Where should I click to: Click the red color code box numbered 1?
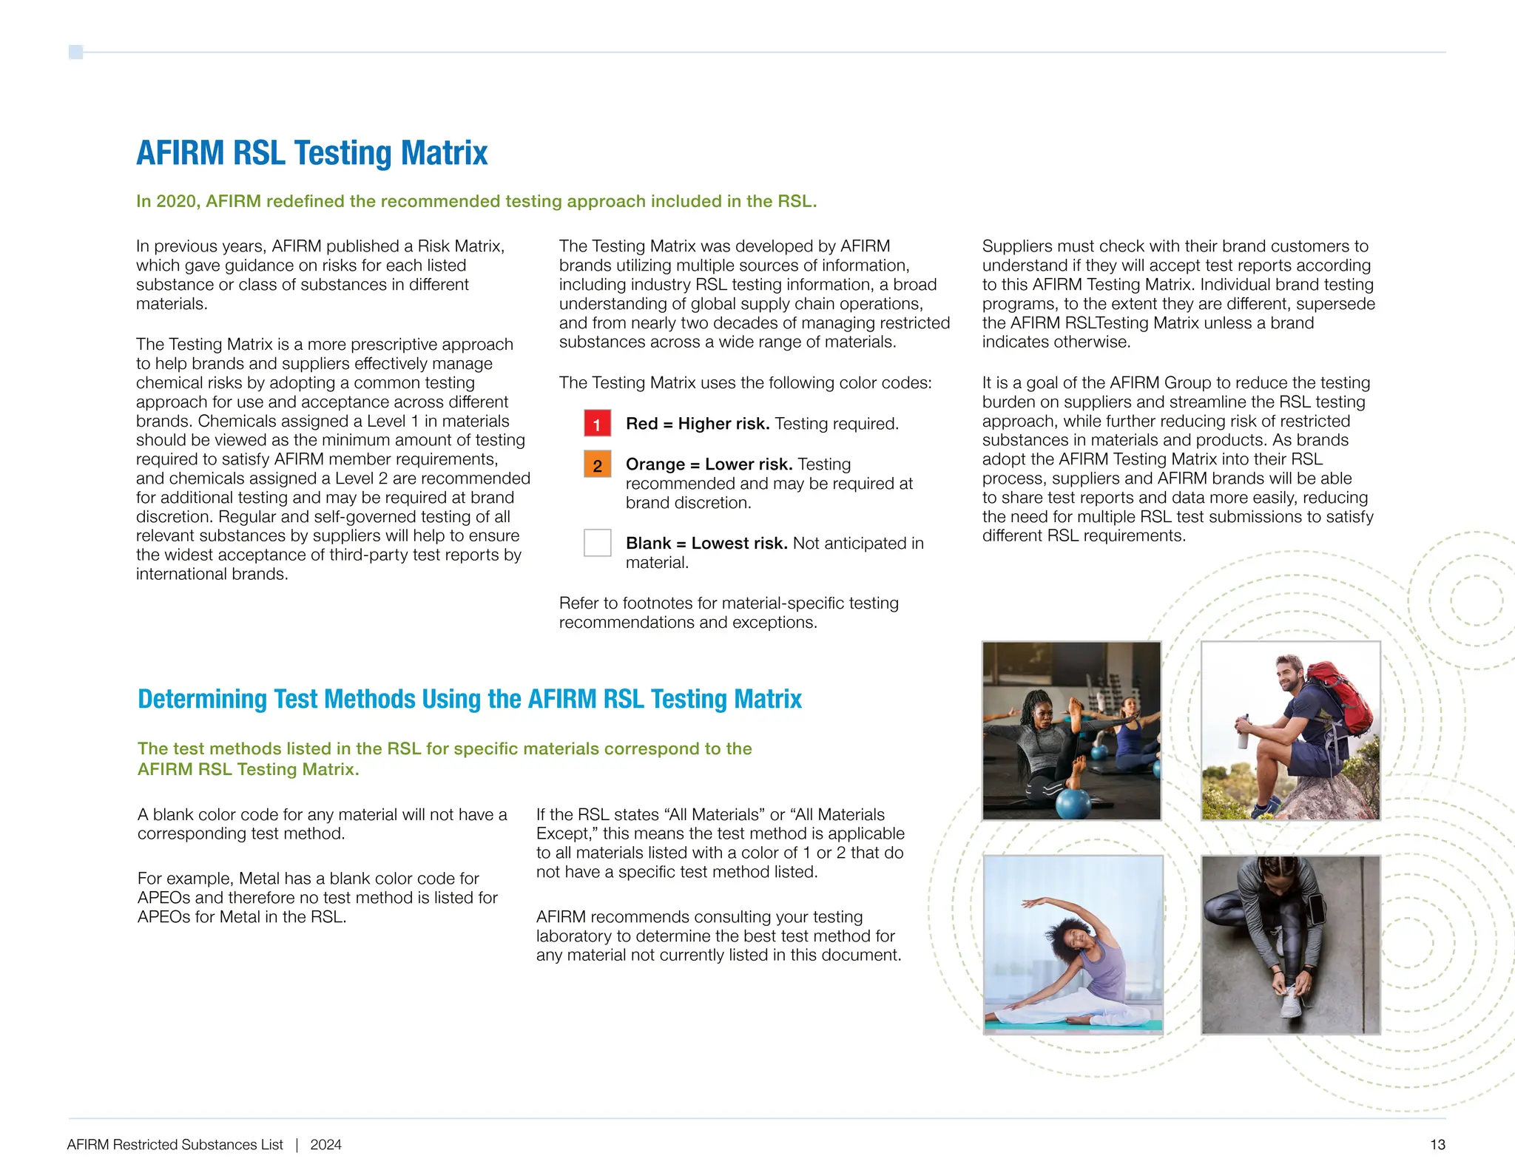click(x=597, y=424)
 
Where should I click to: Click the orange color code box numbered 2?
click(x=597, y=464)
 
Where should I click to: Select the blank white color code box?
click(x=597, y=543)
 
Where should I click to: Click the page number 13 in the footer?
click(x=1437, y=1145)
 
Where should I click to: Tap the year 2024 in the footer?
click(x=325, y=1145)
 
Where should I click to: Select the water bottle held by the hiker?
click(x=1244, y=732)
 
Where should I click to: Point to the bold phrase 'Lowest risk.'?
click(x=739, y=544)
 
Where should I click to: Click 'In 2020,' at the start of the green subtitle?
click(x=168, y=202)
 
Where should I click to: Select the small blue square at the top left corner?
click(x=75, y=52)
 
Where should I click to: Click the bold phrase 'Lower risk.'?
click(x=748, y=464)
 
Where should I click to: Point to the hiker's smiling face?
click(x=1290, y=674)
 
